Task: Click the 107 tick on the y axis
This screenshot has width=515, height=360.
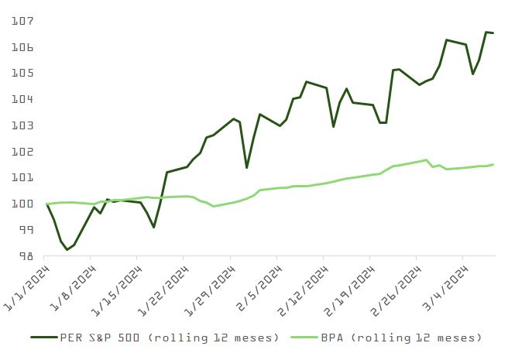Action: click(22, 21)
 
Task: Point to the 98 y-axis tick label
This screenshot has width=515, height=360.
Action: click(24, 255)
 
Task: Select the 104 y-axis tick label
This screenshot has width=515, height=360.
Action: click(22, 99)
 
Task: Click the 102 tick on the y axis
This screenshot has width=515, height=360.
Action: click(22, 152)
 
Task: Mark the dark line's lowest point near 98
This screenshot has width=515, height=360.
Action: click(67, 249)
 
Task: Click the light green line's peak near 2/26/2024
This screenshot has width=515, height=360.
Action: click(426, 160)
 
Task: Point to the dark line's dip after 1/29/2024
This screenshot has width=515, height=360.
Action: click(246, 167)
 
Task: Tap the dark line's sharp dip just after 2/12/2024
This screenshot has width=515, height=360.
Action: click(333, 126)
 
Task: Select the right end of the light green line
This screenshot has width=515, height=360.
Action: click(493, 164)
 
